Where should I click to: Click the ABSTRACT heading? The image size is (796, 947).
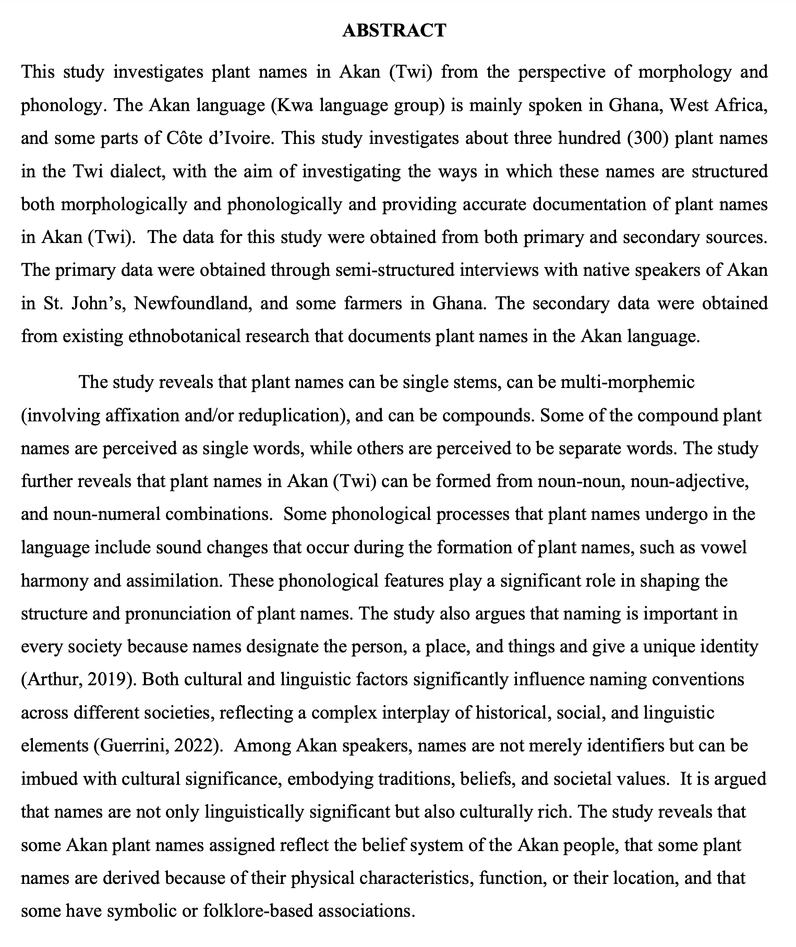pos(394,31)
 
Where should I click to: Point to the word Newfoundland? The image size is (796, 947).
pos(192,303)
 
